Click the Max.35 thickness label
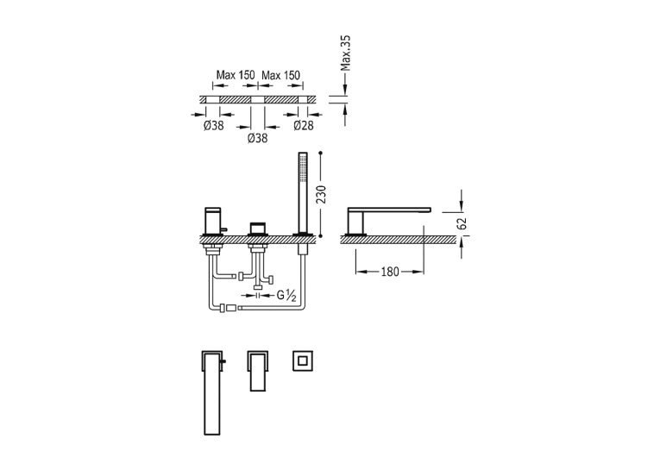(345, 53)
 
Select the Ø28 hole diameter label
(304, 125)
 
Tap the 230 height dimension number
(321, 194)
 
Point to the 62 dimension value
(462, 223)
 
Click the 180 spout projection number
(390, 272)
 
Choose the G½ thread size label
(286, 296)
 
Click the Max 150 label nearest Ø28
(280, 75)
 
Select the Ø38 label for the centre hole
(257, 138)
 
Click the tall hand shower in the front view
(303, 193)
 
